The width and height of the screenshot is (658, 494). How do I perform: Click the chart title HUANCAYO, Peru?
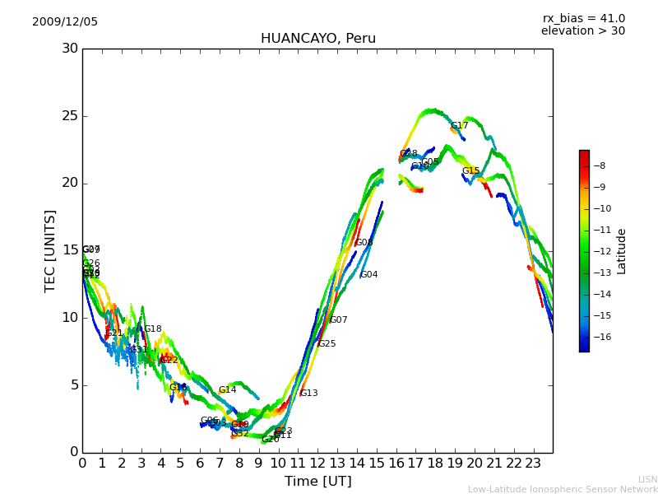click(x=317, y=39)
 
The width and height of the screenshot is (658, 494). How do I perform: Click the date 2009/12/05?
click(x=65, y=22)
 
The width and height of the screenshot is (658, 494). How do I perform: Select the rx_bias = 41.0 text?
click(x=583, y=19)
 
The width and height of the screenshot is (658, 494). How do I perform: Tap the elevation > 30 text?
click(x=582, y=31)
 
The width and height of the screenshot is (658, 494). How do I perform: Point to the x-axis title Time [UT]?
click(x=317, y=482)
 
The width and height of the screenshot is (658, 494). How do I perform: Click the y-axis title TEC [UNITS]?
click(x=50, y=250)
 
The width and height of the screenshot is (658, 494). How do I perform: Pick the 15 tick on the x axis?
click(x=377, y=464)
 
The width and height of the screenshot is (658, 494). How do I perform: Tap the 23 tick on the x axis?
click(x=533, y=464)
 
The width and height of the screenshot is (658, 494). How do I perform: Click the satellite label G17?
click(x=459, y=126)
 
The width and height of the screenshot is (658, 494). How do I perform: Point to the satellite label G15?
click(x=470, y=171)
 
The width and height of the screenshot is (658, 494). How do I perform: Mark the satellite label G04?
click(x=369, y=275)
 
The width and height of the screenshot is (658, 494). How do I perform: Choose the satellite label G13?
click(x=308, y=394)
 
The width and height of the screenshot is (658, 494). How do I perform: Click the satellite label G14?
click(x=227, y=390)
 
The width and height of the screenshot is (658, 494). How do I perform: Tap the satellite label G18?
click(x=153, y=329)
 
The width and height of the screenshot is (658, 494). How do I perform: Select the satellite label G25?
click(x=327, y=344)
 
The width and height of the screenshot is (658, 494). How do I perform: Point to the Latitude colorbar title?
click(x=621, y=251)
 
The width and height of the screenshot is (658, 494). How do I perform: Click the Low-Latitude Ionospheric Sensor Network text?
click(x=563, y=489)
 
